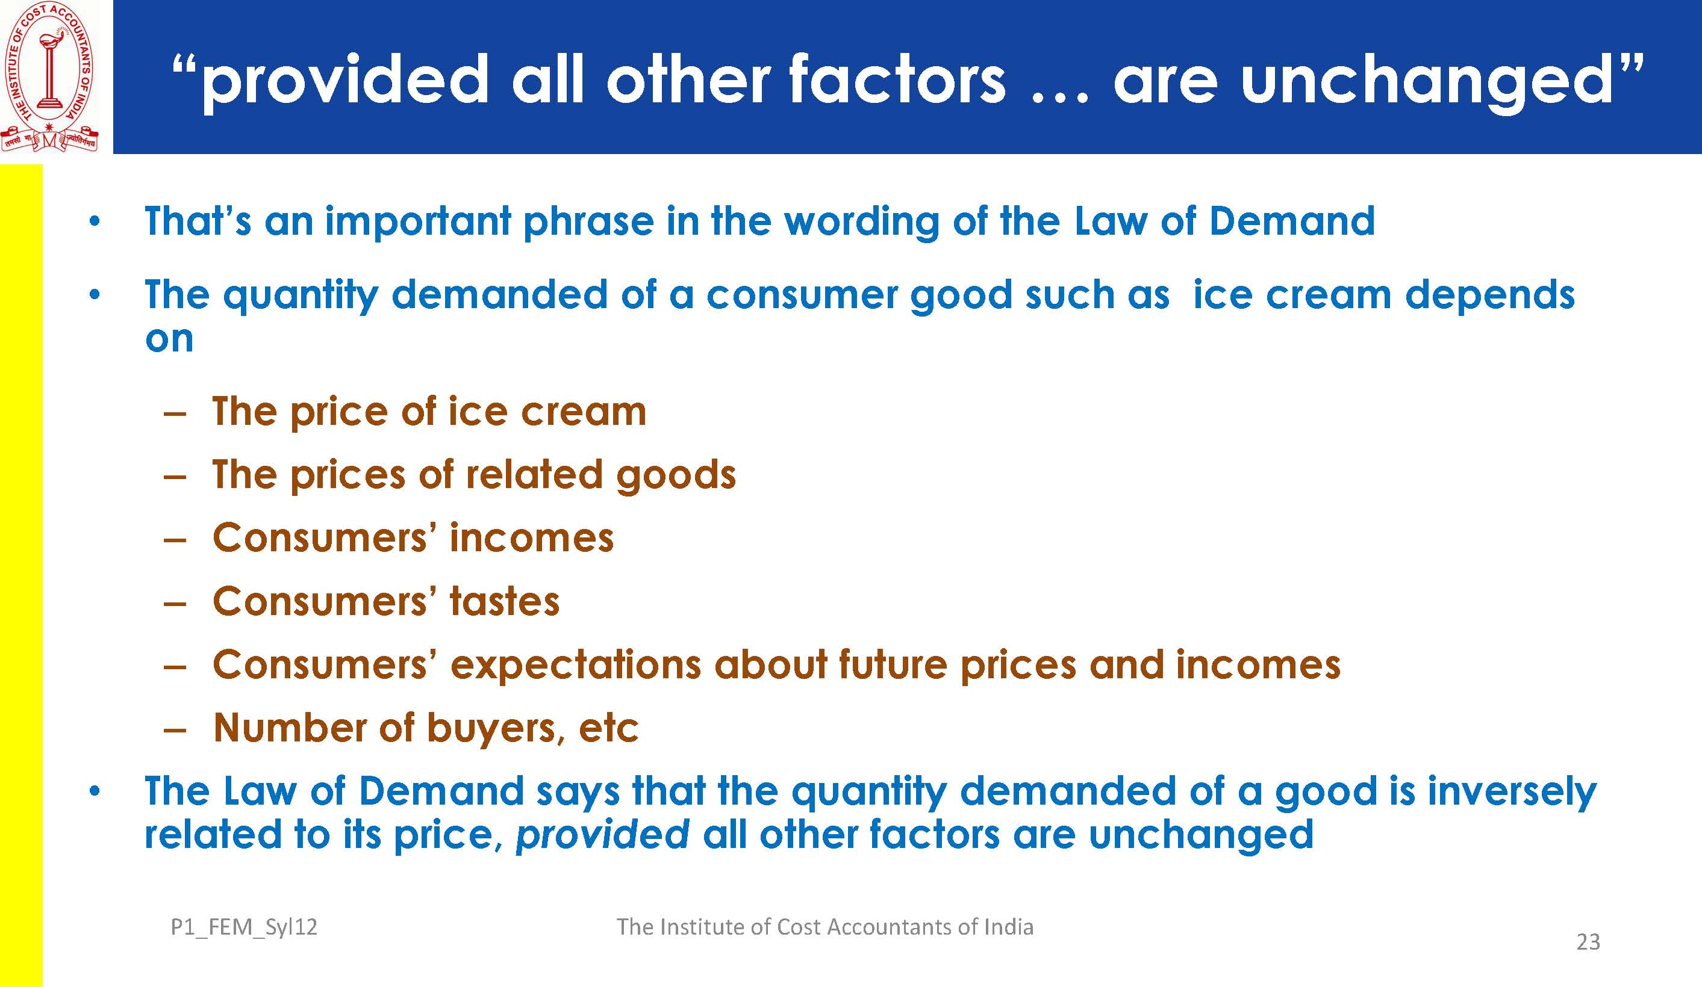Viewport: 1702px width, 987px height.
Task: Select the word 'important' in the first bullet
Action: (418, 221)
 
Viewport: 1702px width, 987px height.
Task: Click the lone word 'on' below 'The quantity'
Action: (169, 339)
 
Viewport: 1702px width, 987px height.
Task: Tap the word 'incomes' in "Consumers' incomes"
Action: (532, 538)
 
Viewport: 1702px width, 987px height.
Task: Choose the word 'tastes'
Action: (505, 601)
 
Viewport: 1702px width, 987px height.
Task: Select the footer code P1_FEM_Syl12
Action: (244, 927)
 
